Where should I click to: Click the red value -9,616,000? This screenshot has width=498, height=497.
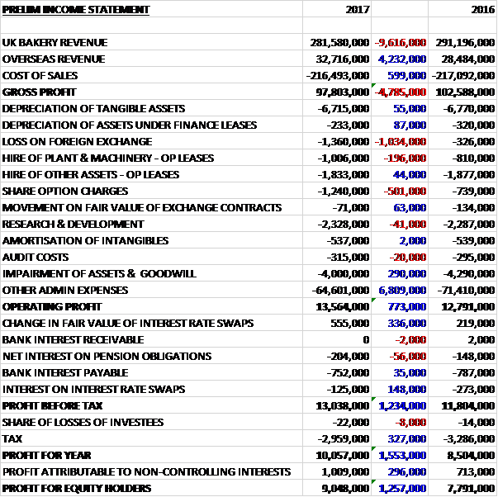click(x=401, y=42)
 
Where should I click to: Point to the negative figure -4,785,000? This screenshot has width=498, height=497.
click(x=401, y=92)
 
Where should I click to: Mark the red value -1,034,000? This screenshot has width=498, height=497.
click(x=401, y=141)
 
